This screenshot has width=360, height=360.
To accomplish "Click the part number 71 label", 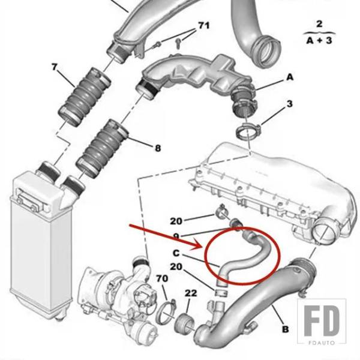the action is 204,25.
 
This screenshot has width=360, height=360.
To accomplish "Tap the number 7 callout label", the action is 54,67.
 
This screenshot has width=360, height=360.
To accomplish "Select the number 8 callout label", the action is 158,148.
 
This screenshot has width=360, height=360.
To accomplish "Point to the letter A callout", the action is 290,77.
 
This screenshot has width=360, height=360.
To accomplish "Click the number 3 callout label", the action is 290,104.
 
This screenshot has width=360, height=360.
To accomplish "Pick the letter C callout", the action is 176,253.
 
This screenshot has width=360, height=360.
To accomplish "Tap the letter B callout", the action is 285,329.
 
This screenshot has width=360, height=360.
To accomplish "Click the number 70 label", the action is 162,278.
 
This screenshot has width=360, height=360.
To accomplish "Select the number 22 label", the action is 191,293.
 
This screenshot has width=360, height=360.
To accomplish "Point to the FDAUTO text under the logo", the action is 322,343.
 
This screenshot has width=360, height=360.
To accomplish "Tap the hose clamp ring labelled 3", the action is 247,131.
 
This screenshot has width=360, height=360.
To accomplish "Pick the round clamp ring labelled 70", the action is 166,311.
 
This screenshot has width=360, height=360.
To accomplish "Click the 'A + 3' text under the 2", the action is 319,41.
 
